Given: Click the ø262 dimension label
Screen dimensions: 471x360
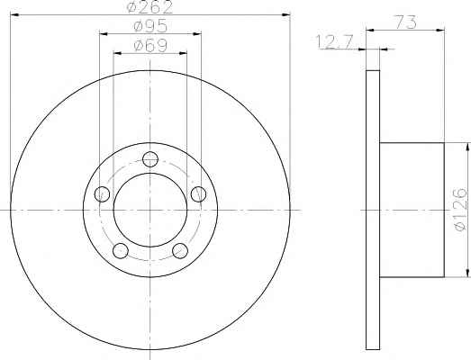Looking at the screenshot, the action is (x=149, y=7).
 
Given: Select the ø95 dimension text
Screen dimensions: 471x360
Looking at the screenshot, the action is (x=150, y=27).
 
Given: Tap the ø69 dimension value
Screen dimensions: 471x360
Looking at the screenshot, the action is (x=150, y=46).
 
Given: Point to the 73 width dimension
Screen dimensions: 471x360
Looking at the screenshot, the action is (x=406, y=22).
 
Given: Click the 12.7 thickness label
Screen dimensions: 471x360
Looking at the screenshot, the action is (x=335, y=42).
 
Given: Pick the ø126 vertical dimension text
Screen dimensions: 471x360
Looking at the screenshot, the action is (x=461, y=210).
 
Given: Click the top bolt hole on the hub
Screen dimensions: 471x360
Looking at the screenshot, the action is (x=150, y=159).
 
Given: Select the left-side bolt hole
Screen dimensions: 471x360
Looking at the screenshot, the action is (x=102, y=194).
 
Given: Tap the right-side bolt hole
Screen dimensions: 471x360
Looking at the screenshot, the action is (x=198, y=194).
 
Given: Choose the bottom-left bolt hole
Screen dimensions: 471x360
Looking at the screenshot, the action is (x=121, y=250).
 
